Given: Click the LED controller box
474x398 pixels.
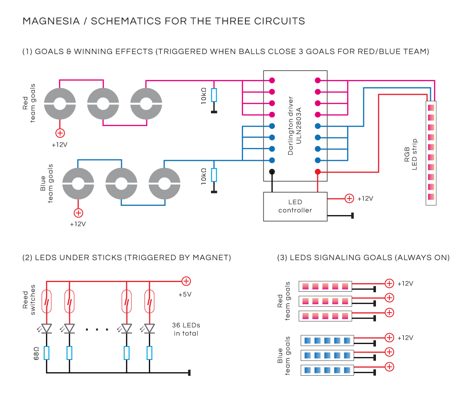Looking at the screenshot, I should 295,206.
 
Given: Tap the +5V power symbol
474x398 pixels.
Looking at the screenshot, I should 186,281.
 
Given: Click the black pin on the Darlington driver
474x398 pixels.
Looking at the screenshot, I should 272,172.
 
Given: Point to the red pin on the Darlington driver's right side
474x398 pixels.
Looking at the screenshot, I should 318,172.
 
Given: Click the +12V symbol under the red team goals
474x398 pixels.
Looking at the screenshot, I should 60,133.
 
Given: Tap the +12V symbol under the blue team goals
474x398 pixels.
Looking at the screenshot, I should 79,213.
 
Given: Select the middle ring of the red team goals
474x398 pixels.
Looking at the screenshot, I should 103,103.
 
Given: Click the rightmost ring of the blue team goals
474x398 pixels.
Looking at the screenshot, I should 165,184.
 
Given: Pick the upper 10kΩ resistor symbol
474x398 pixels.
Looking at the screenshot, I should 214,95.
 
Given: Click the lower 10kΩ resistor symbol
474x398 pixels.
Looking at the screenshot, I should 214,175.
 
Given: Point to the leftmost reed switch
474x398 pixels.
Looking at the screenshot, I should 46,301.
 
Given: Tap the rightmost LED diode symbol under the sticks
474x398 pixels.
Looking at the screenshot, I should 149,328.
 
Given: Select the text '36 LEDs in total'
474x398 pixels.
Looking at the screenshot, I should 186,329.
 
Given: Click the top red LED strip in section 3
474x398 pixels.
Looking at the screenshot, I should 326,286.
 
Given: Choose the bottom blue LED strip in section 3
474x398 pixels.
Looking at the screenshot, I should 327,370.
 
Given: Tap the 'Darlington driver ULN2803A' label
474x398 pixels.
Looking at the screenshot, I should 295,126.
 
